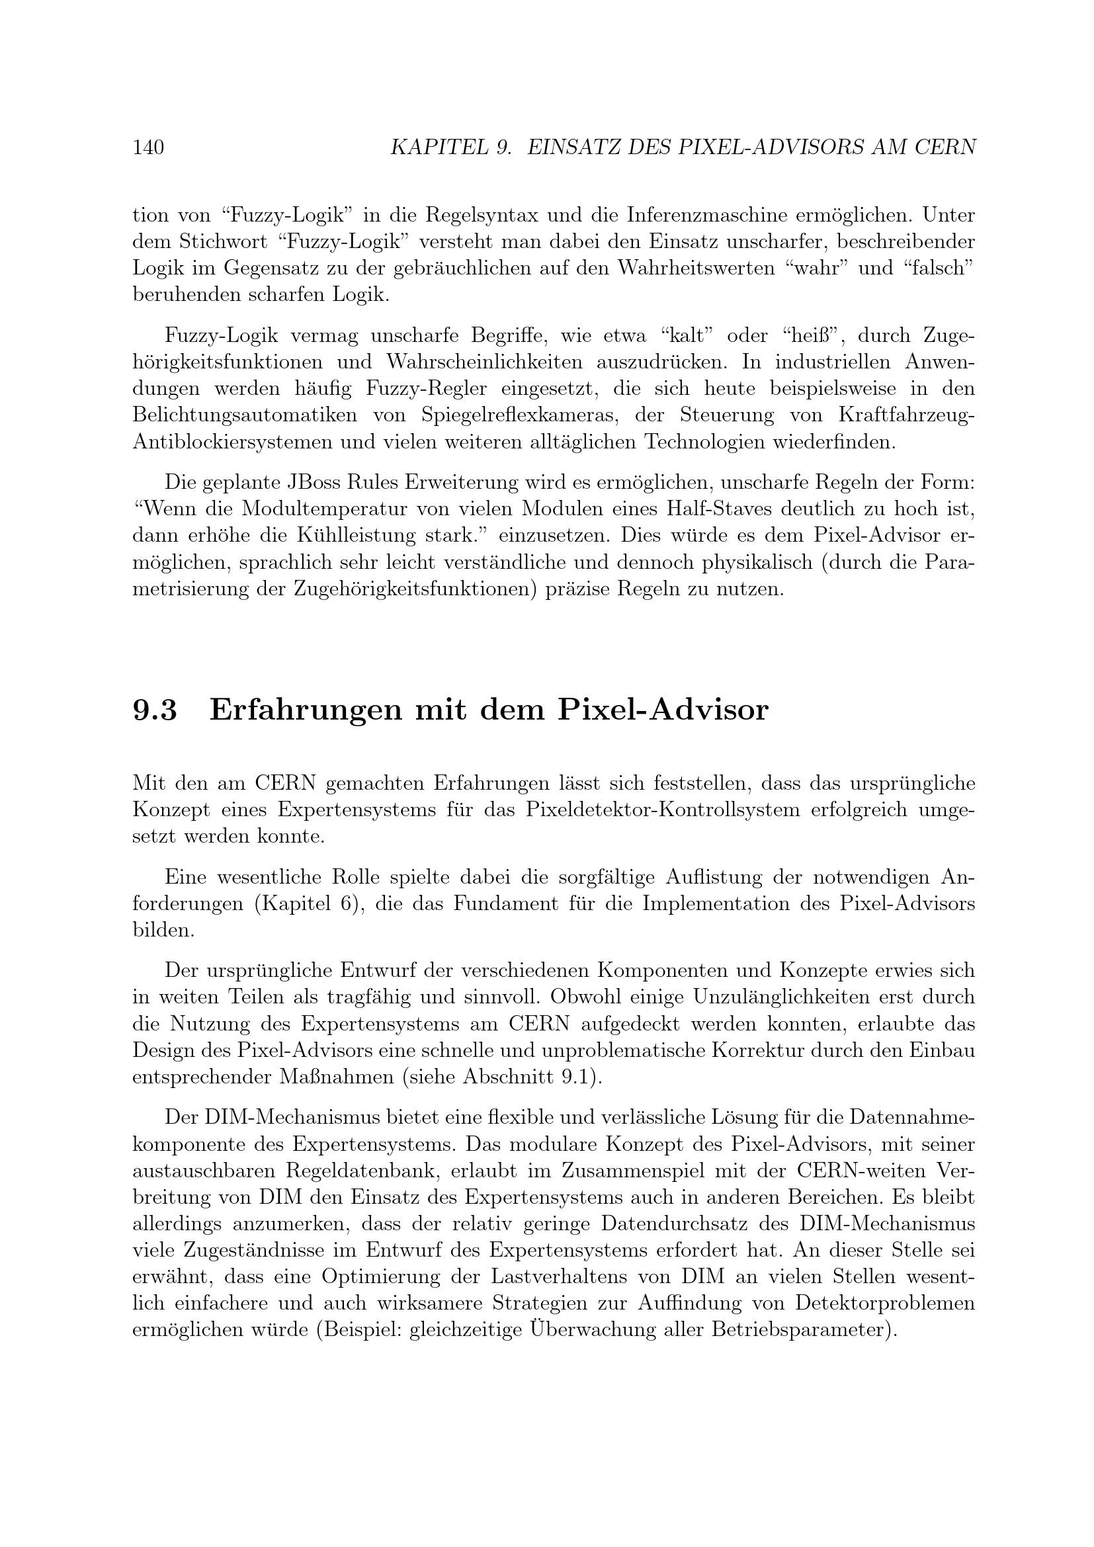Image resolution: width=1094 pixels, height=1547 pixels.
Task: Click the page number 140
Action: click(x=148, y=147)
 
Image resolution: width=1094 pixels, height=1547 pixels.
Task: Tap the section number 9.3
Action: click(x=155, y=710)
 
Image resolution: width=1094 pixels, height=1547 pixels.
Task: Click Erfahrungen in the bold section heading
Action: click(x=304, y=710)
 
